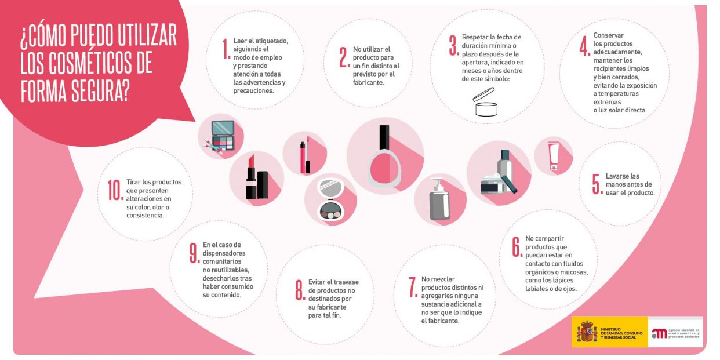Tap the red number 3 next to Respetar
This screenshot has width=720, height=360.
[x=453, y=46]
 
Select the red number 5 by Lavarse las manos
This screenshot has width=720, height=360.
[x=595, y=183]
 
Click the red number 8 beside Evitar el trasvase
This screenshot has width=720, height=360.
[x=300, y=289]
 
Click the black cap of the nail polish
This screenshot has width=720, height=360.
[x=383, y=138]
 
